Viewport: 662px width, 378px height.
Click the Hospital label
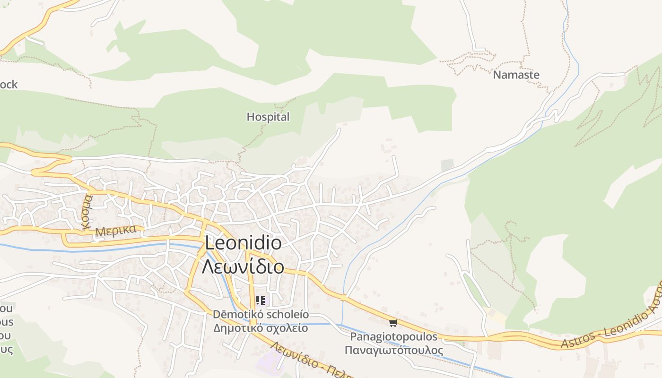[x=268, y=117]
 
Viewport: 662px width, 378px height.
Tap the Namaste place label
[x=516, y=75]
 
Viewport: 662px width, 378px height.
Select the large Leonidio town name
[x=244, y=243]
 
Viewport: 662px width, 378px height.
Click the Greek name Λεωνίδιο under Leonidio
[x=243, y=267]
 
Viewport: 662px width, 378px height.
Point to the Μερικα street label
[x=116, y=231]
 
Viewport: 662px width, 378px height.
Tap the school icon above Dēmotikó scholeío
[x=260, y=300]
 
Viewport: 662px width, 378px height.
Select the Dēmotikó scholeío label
[x=261, y=314]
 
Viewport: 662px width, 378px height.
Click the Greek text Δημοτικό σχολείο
[x=261, y=328]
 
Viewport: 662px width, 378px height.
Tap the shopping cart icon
[x=392, y=323]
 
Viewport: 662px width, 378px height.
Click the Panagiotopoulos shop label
[x=393, y=337]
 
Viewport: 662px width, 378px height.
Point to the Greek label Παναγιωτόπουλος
[x=393, y=350]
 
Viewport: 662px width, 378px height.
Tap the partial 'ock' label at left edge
[x=9, y=85]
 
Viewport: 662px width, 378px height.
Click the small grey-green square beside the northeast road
[x=447, y=165]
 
